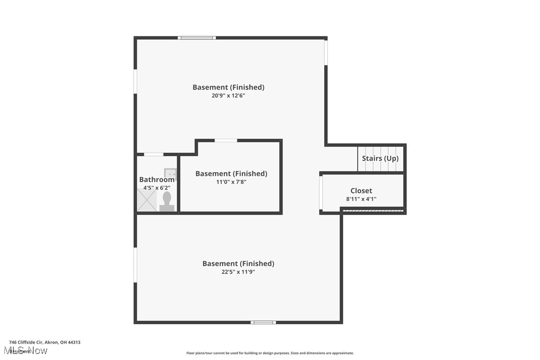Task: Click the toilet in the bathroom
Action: pos(167,201)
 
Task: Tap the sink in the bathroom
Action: pos(171,174)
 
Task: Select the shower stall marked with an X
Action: pos(147,200)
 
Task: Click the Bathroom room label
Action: pos(157,180)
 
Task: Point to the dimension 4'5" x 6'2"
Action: pos(157,188)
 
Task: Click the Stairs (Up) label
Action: pos(380,159)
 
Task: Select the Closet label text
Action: pos(361,191)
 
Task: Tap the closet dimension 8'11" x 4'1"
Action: pos(361,199)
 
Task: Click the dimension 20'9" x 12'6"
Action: pos(228,95)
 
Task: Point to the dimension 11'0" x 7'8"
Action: pos(231,182)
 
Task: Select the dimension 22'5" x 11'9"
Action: pos(238,272)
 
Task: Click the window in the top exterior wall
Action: pos(197,38)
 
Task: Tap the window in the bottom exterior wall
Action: pos(263,322)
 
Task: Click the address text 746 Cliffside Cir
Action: pos(45,342)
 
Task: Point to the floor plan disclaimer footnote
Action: pos(270,353)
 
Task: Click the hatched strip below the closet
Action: pos(373,211)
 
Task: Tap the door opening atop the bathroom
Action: pos(154,155)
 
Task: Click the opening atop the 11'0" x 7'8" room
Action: pos(226,141)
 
